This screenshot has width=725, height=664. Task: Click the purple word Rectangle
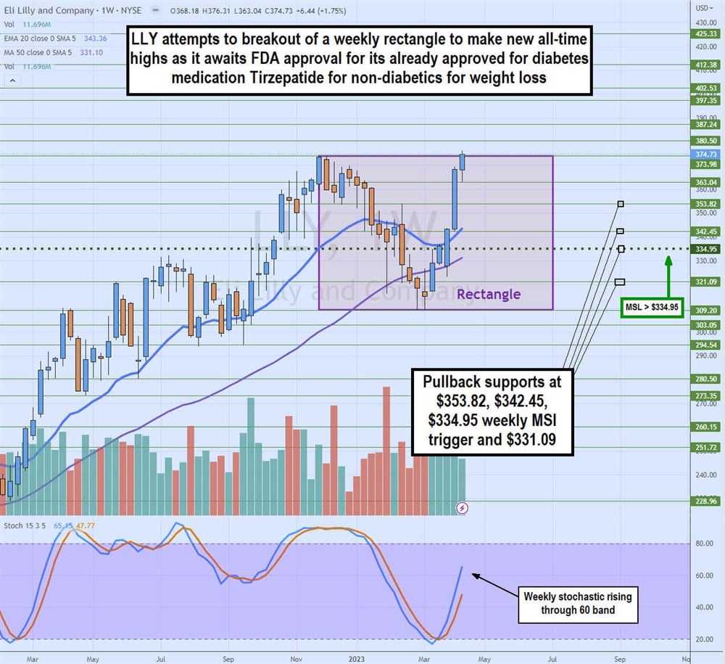coord(488,294)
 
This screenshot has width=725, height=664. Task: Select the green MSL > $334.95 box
coord(653,308)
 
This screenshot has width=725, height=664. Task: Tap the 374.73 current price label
coord(705,155)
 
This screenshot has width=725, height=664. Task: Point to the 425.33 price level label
coord(705,33)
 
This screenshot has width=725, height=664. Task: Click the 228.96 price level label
coord(705,501)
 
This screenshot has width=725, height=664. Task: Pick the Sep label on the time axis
coord(228,660)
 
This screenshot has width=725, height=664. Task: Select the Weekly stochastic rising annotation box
coord(577,603)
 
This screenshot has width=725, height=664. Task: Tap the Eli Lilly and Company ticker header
coord(48,11)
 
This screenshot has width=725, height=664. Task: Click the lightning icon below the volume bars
coord(463,508)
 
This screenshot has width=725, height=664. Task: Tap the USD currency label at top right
coord(703,8)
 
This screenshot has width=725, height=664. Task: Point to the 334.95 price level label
coord(705,249)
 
